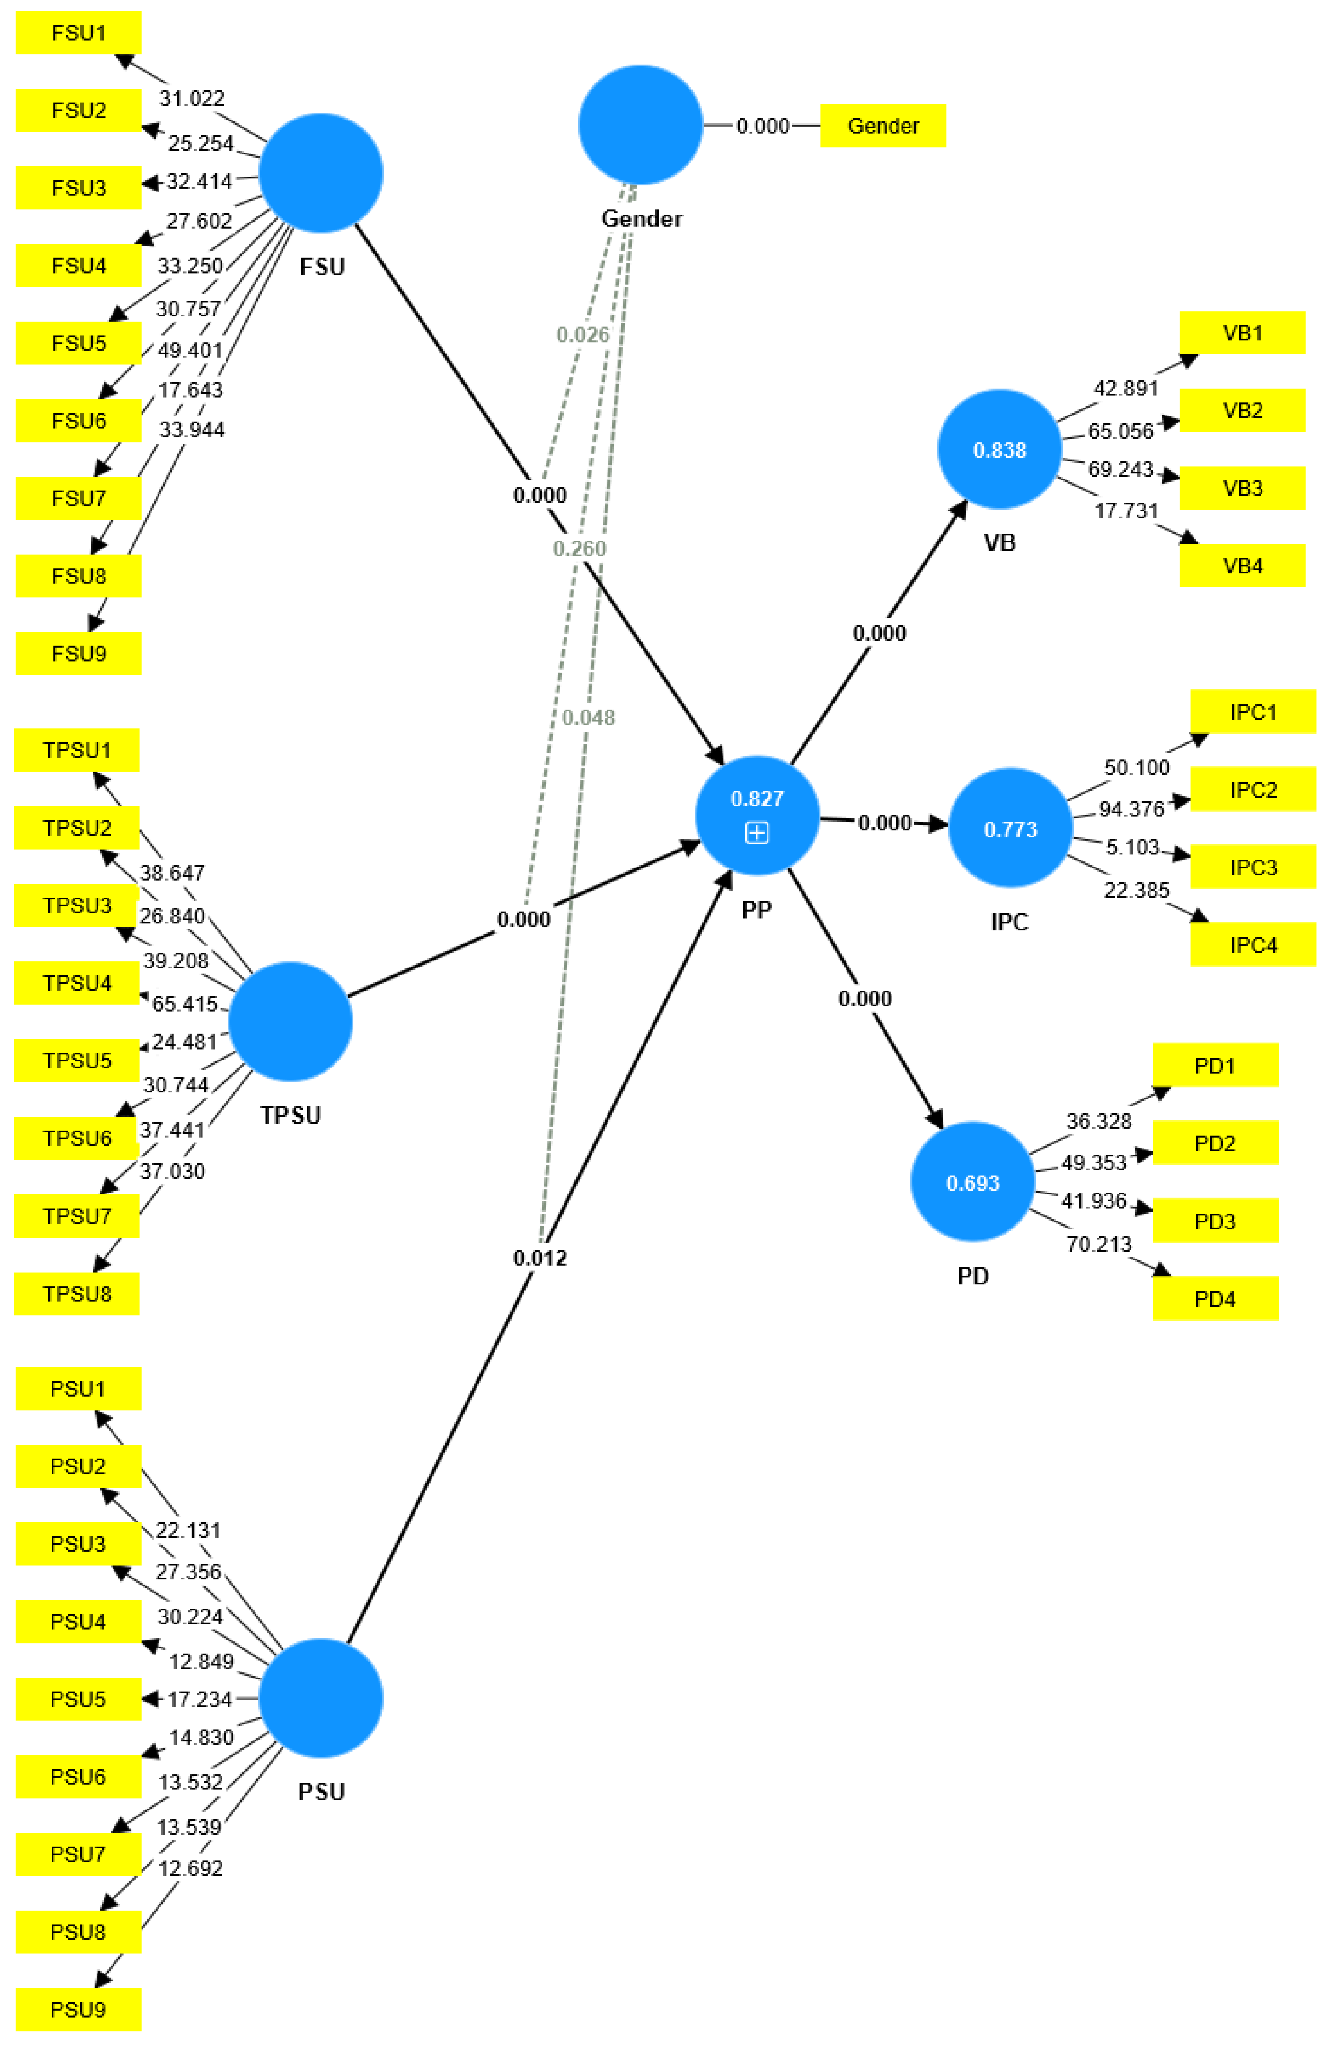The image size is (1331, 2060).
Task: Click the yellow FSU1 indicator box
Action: pyautogui.click(x=78, y=33)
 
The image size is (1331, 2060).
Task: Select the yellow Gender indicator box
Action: pyautogui.click(x=882, y=126)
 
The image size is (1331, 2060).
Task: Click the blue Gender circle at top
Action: pyautogui.click(x=640, y=125)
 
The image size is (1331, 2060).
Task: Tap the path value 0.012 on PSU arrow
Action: pyautogui.click(x=540, y=1258)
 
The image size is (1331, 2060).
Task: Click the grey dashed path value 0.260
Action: pyautogui.click(x=579, y=549)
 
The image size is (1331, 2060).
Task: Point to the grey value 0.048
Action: pyautogui.click(x=588, y=718)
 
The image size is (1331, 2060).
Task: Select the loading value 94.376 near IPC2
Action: pyautogui.click(x=1131, y=809)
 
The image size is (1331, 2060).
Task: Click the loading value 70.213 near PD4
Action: pyautogui.click(x=1099, y=1244)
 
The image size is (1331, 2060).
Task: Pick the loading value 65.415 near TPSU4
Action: pyautogui.click(x=185, y=1004)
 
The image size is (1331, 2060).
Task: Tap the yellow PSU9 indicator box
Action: pyautogui.click(x=78, y=2009)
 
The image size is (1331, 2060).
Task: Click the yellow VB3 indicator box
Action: pyautogui.click(x=1242, y=489)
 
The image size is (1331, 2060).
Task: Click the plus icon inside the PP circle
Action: pyautogui.click(x=757, y=832)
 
